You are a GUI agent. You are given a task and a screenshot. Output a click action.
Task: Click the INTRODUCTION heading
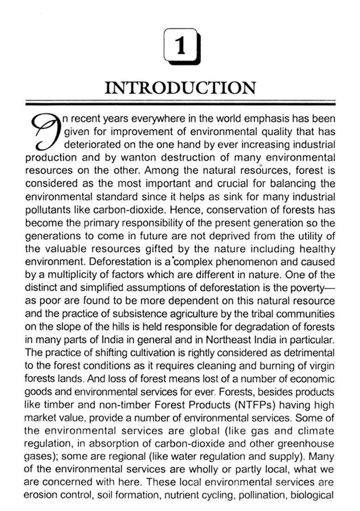tap(180, 88)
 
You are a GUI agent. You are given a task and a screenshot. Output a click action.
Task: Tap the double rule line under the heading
tap(180, 104)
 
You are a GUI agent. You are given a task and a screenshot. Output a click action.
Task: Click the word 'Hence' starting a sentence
tap(182, 210)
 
